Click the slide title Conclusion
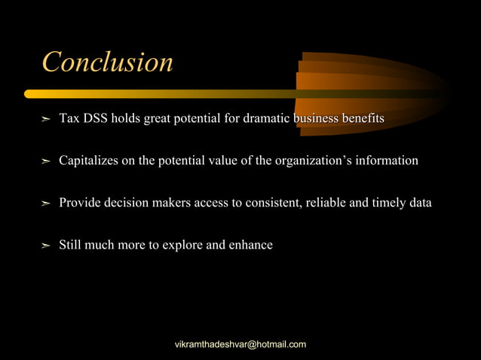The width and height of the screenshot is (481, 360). (x=107, y=62)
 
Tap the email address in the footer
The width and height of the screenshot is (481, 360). (x=240, y=344)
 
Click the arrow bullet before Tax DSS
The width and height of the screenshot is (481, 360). (x=45, y=120)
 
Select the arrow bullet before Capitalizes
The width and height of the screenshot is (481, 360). (x=45, y=162)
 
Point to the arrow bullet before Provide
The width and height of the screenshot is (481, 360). (x=45, y=204)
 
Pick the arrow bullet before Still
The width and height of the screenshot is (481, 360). (x=45, y=246)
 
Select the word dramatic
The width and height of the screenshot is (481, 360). (x=267, y=119)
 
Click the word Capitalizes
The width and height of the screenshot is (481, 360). (x=91, y=160)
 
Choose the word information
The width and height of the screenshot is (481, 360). (x=388, y=160)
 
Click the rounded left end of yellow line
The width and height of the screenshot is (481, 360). (x=29, y=94)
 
